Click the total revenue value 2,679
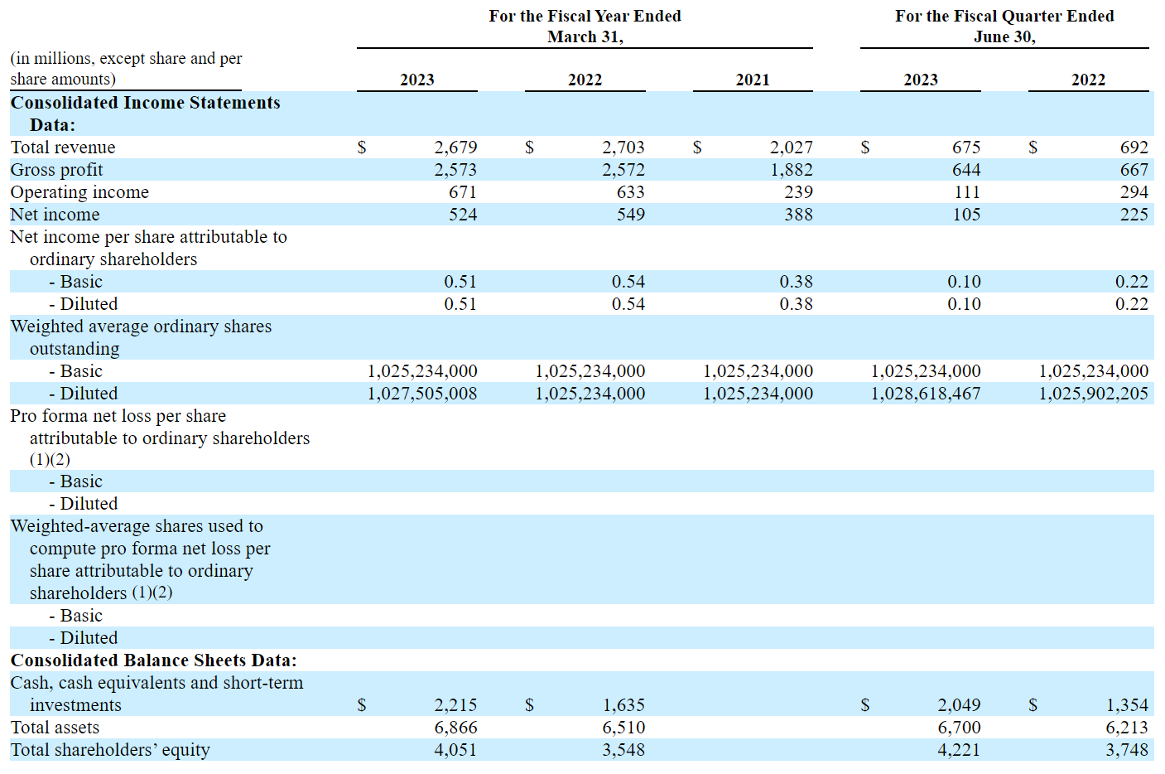(x=455, y=148)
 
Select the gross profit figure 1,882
(x=791, y=170)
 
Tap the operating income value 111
(x=967, y=192)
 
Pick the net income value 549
(x=631, y=215)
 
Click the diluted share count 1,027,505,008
(x=422, y=394)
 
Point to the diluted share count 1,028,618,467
(x=926, y=394)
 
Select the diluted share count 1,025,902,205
(x=1093, y=394)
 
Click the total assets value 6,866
(x=455, y=727)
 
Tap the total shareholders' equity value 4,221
(x=959, y=749)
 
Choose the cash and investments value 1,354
(x=1127, y=704)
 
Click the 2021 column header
(x=753, y=80)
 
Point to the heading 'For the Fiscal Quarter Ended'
(x=1004, y=16)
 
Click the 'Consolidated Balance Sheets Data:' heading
(x=153, y=660)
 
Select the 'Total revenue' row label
(x=63, y=148)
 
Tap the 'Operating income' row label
(x=79, y=192)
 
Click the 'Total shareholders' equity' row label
(x=110, y=749)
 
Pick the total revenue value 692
(x=1134, y=148)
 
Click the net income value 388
(x=799, y=215)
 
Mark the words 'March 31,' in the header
(x=585, y=37)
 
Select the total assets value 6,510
(x=623, y=727)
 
